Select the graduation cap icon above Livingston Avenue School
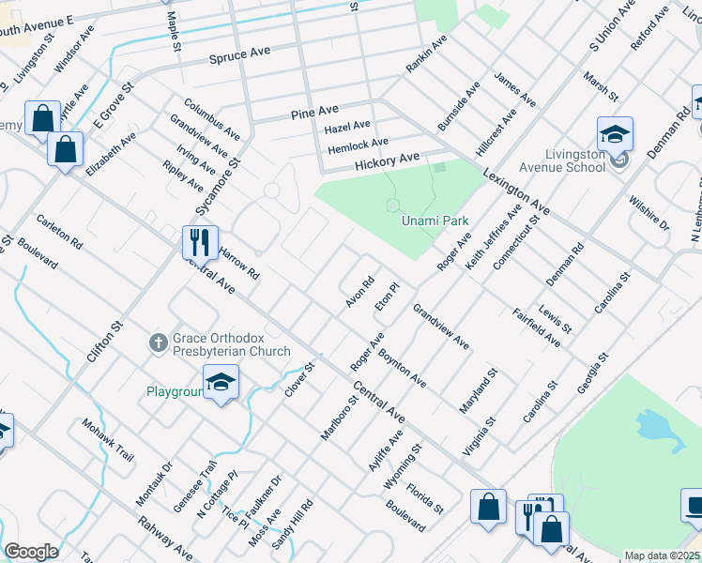tap(615, 132)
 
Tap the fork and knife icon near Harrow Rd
tap(200, 242)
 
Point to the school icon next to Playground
tap(221, 383)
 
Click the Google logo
tap(31, 552)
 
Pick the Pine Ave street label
tap(313, 112)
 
